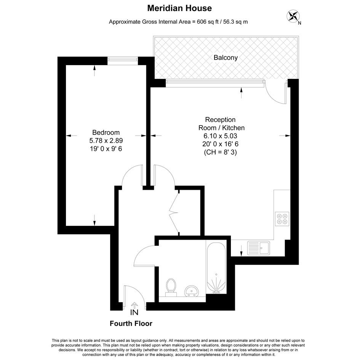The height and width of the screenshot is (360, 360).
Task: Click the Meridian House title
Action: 179,8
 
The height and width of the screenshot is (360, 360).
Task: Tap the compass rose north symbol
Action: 293,16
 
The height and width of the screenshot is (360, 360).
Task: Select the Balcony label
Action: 226,58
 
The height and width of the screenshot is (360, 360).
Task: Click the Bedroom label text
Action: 106,133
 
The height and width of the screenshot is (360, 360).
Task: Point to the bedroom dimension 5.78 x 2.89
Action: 106,141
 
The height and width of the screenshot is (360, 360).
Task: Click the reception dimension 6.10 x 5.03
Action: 220,136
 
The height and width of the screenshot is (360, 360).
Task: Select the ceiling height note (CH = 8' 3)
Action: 220,152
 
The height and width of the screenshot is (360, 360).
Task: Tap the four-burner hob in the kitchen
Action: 282,219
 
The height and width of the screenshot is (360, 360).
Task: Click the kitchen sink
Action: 258,248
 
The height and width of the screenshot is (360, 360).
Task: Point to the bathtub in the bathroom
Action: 216,268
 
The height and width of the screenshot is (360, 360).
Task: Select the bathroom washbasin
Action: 192,291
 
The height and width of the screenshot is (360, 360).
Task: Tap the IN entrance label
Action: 134,312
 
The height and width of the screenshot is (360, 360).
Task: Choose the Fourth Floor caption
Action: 131,323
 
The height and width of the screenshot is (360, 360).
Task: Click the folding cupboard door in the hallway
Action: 174,213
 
